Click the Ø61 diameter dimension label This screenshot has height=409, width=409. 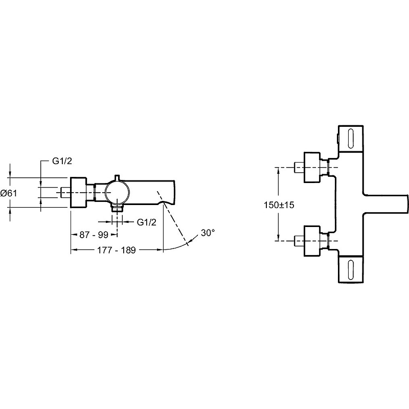pyautogui.click(x=9, y=193)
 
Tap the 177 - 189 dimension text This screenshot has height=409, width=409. pyautogui.click(x=117, y=250)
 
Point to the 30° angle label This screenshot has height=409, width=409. pyautogui.click(x=208, y=233)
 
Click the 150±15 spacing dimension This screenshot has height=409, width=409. pyautogui.click(x=279, y=205)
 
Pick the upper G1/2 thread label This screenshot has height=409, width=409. pyautogui.click(x=62, y=161)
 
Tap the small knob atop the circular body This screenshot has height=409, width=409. pyautogui.click(x=117, y=178)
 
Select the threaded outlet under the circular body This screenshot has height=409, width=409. pyautogui.click(x=117, y=208)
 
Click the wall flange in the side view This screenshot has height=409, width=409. pyautogui.click(x=78, y=193)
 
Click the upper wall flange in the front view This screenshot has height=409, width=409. pyautogui.click(x=312, y=168)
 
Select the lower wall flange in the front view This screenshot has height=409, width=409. pyautogui.click(x=312, y=241)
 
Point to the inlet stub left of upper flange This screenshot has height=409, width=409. pyautogui.click(x=299, y=168)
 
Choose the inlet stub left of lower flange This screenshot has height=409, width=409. pyautogui.click(x=299, y=241)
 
